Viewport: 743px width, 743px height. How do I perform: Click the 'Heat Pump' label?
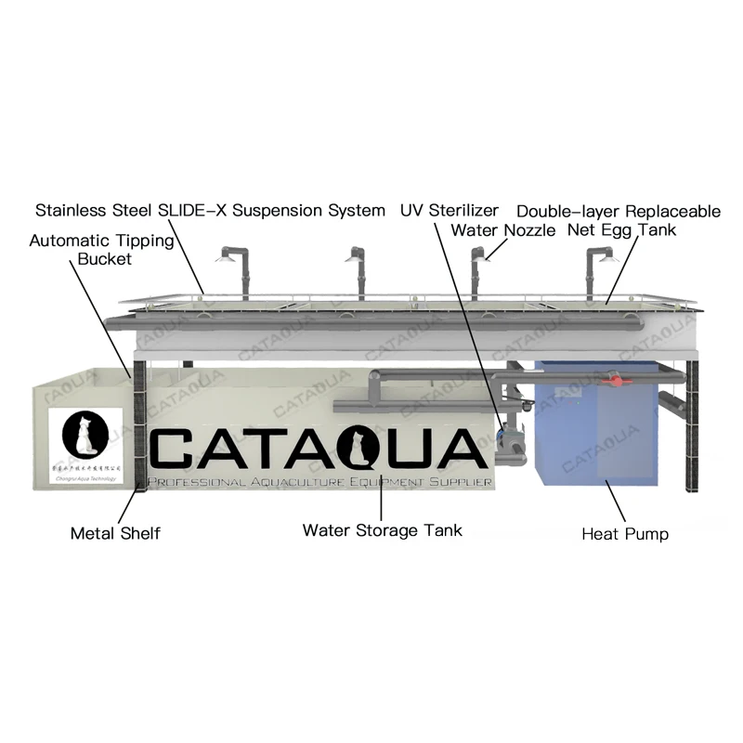click(624, 534)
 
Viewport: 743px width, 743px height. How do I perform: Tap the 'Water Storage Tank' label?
click(382, 530)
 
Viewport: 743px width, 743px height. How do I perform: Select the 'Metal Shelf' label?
click(114, 533)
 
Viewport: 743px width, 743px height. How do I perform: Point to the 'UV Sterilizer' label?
click(450, 211)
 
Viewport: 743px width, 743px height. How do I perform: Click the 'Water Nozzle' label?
click(502, 229)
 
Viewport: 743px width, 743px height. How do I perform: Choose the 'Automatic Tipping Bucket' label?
click(101, 250)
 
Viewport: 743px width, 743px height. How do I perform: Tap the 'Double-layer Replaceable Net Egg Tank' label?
click(619, 220)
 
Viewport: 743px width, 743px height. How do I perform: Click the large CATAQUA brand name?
click(318, 450)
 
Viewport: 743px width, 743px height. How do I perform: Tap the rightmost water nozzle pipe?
click(591, 274)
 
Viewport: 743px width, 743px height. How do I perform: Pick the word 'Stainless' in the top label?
click(70, 211)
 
